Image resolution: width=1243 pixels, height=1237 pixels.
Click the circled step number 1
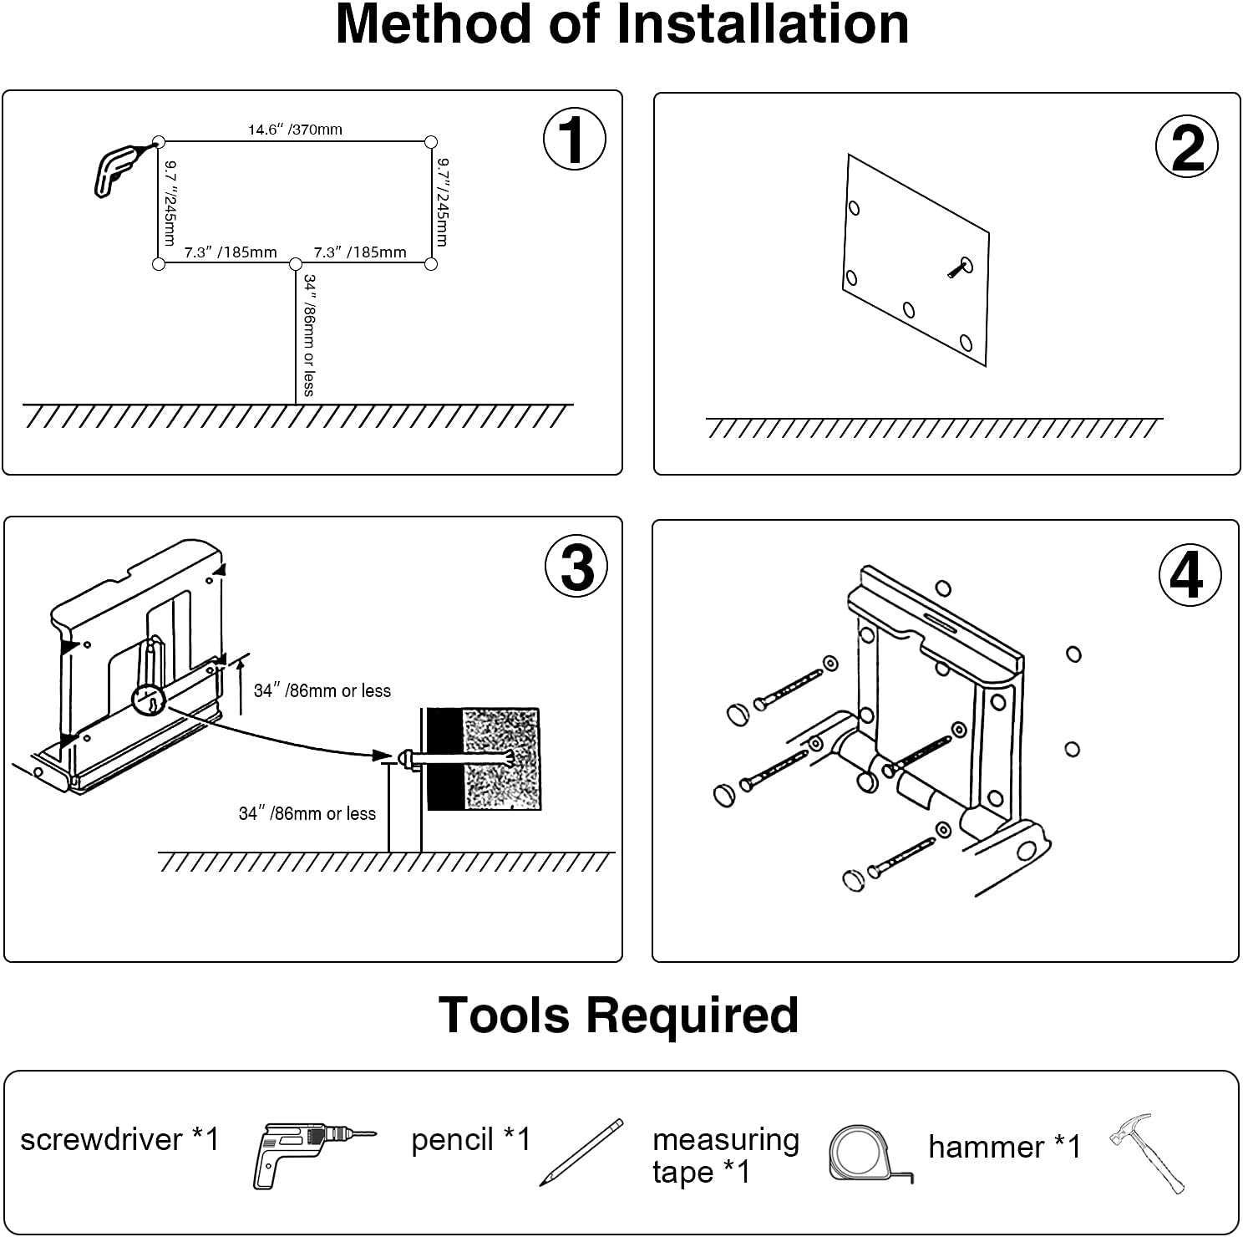pyautogui.click(x=574, y=139)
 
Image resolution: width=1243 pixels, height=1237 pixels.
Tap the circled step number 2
pyautogui.click(x=1186, y=147)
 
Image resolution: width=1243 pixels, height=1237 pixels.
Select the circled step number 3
pyautogui.click(x=576, y=567)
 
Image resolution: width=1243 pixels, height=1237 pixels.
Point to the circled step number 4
pyautogui.click(x=1190, y=574)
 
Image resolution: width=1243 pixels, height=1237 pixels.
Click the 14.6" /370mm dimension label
pyautogui.click(x=295, y=130)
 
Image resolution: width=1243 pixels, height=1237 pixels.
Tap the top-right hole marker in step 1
pyautogui.click(x=431, y=142)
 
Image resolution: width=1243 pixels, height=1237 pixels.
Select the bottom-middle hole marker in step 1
pyautogui.click(x=296, y=264)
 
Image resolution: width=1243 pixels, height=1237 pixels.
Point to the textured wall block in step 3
pyautogui.click(x=500, y=759)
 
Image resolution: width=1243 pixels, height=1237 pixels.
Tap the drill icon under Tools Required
pyautogui.click(x=312, y=1153)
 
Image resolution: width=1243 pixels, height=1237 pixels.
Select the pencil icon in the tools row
pyautogui.click(x=581, y=1152)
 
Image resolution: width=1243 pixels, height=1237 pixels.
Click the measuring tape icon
pyautogui.click(x=867, y=1153)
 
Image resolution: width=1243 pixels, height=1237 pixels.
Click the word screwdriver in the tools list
pyautogui.click(x=101, y=1139)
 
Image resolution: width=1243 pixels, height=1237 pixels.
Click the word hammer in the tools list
pyautogui.click(x=986, y=1147)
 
